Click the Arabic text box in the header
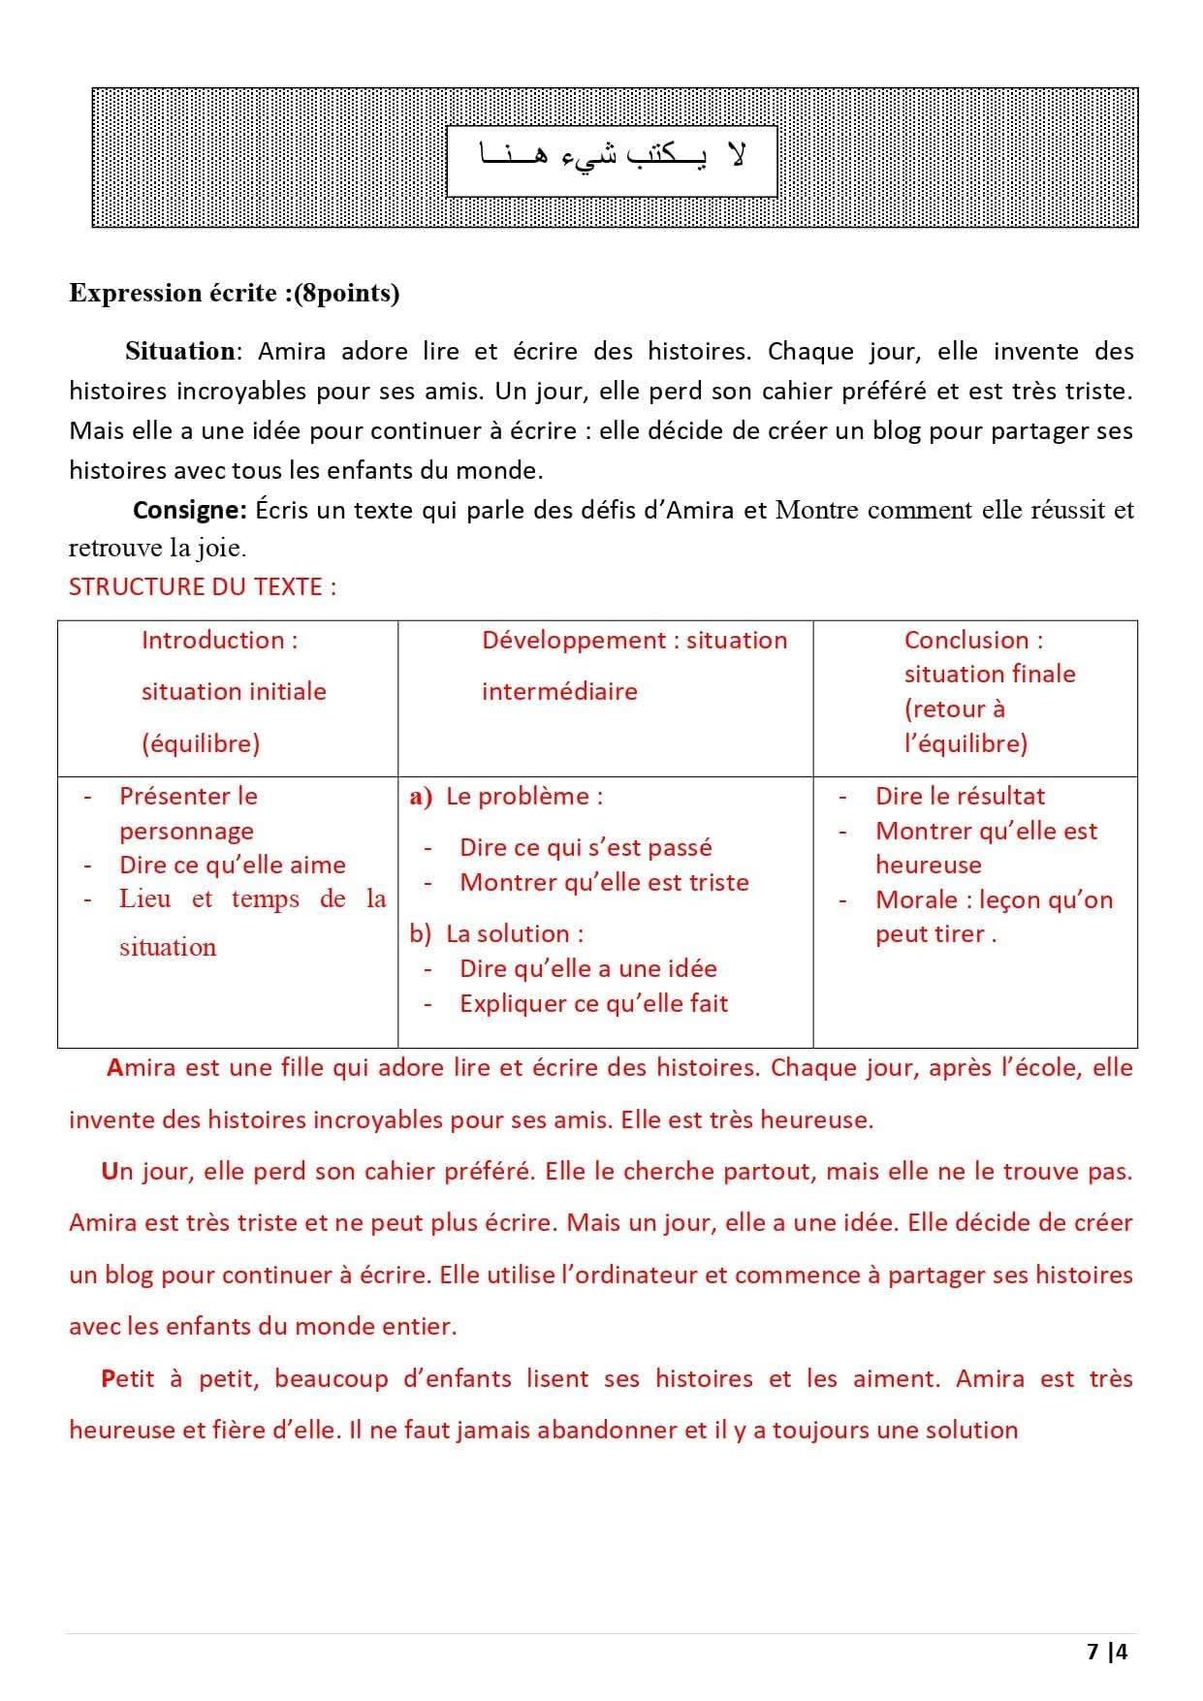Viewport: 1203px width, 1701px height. tap(612, 159)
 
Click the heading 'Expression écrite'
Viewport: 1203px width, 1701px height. tap(172, 293)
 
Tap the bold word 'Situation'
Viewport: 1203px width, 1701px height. tap(179, 351)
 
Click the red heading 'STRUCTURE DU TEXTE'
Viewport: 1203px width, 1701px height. tap(202, 586)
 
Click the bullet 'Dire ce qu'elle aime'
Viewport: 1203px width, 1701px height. tap(232, 865)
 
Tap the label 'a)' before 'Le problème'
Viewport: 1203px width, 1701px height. tap(421, 797)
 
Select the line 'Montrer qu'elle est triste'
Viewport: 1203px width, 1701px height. tap(604, 882)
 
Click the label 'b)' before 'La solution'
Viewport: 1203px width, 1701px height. tap(421, 933)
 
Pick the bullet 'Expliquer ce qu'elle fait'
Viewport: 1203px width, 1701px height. tap(593, 1003)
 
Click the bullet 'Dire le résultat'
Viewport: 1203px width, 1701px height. tap(960, 797)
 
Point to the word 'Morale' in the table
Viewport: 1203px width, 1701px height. tap(916, 899)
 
